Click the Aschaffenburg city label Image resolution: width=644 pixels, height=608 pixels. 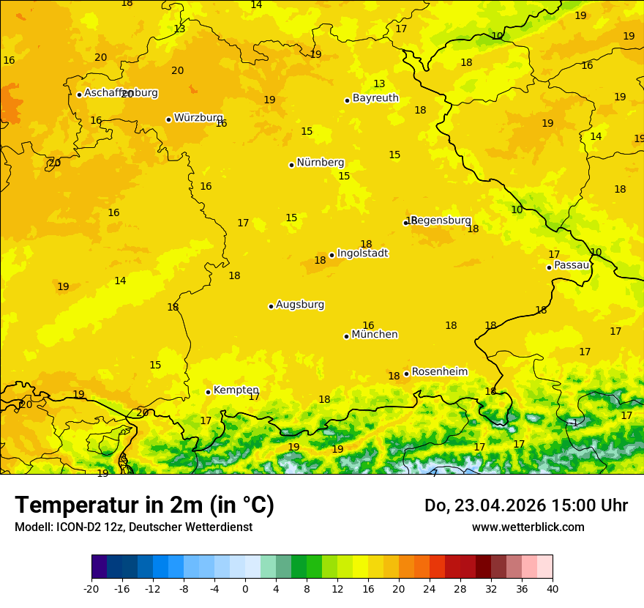(x=121, y=93)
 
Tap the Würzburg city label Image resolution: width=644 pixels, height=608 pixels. (x=198, y=118)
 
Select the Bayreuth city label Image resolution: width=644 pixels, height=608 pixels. (x=375, y=98)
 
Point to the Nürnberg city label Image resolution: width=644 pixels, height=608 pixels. (x=320, y=163)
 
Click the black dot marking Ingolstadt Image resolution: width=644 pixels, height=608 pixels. (x=332, y=255)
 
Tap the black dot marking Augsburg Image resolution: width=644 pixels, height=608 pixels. (x=271, y=306)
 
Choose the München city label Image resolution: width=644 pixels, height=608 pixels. (x=375, y=335)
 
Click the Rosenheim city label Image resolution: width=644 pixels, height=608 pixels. (x=439, y=372)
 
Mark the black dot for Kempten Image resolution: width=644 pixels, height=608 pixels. (x=208, y=392)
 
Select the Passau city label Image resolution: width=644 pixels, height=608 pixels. (x=572, y=265)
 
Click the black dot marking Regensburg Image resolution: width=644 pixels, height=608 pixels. (x=405, y=223)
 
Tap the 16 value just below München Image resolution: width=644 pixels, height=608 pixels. (x=368, y=326)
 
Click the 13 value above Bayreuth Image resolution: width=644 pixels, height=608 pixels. (x=379, y=84)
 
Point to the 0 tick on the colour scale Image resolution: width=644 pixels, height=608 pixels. (x=245, y=588)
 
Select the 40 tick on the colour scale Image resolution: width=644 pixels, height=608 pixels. (x=553, y=588)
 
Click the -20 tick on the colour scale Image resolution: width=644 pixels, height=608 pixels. (x=91, y=588)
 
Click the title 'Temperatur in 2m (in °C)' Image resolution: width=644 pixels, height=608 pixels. (x=144, y=505)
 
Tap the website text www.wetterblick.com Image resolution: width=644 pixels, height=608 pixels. (x=528, y=527)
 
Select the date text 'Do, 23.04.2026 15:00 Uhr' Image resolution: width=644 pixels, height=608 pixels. (x=525, y=505)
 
